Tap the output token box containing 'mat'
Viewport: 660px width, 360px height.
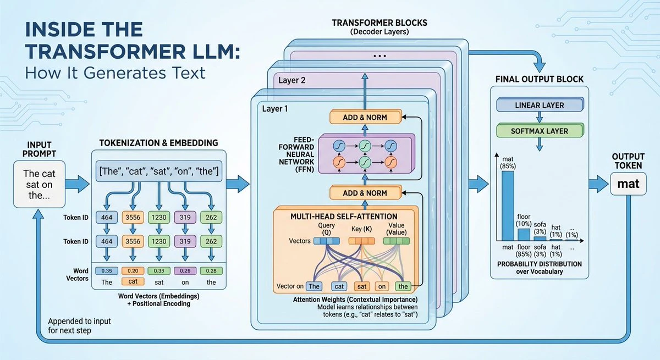click(x=628, y=184)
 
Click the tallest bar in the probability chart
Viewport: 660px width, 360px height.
click(x=508, y=206)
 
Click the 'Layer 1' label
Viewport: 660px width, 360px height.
click(x=274, y=109)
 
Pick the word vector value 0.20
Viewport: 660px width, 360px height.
click(x=133, y=270)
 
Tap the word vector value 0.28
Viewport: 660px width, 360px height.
click(x=211, y=270)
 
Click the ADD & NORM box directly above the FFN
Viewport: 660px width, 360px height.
click(x=365, y=117)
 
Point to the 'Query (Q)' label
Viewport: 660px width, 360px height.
click(x=326, y=230)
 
